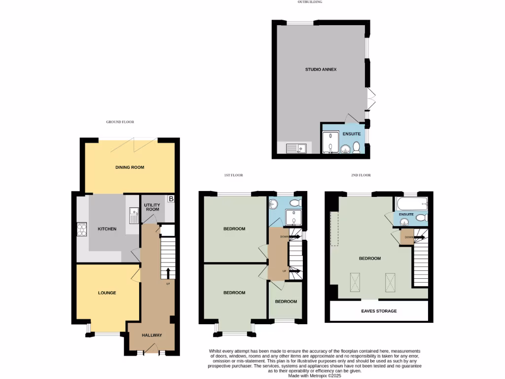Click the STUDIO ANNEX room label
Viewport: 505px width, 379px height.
[x=321, y=70]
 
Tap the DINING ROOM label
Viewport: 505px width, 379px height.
[x=130, y=167]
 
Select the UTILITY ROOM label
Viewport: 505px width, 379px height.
[x=152, y=206]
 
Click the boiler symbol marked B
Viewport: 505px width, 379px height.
[x=171, y=199]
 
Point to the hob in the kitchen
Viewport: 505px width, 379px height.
[x=81, y=229]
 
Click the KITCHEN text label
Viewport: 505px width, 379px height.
[x=107, y=229]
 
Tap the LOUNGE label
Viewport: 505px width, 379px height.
[x=107, y=293]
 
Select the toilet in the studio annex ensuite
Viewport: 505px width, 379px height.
[x=356, y=146]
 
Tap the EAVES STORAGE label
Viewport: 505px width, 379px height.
[x=379, y=311]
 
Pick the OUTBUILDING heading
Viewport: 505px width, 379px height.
[x=310, y=2]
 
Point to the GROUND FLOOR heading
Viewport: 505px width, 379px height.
[x=120, y=122]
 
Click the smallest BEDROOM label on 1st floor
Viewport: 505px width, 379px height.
[x=286, y=302]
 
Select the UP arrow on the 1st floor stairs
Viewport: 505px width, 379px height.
[x=294, y=271]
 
